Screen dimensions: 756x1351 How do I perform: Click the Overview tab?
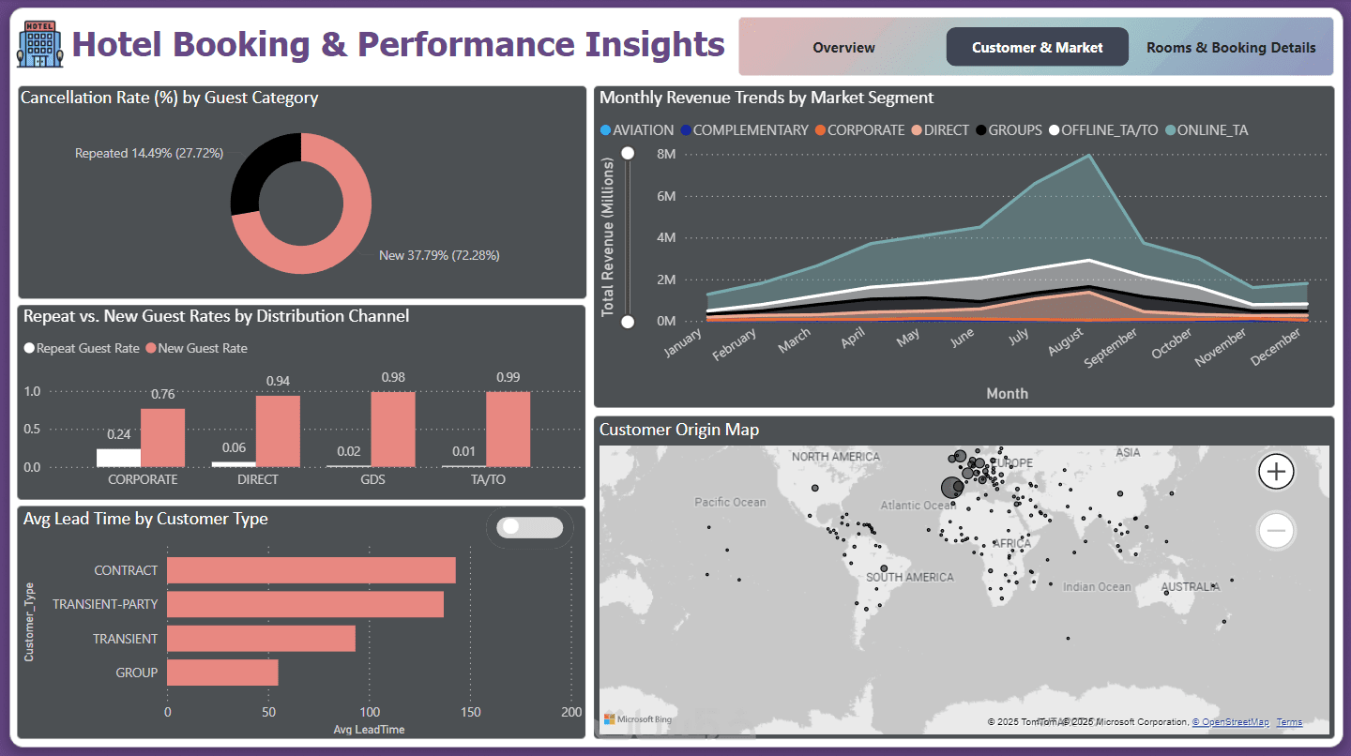point(843,48)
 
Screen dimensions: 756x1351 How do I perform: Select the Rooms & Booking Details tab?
point(1230,48)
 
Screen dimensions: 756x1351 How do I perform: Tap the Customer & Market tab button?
point(1037,48)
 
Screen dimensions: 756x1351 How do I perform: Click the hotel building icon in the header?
point(40,44)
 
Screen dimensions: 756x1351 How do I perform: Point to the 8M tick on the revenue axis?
point(666,154)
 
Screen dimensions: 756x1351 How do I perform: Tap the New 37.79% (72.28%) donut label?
point(438,255)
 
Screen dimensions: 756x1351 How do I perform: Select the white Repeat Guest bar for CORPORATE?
point(118,457)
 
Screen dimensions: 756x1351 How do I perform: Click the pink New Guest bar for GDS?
point(392,430)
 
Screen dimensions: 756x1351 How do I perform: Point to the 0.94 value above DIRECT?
point(278,380)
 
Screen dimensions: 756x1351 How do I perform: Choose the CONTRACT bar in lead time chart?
point(311,570)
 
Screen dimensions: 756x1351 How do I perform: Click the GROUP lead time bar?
point(222,673)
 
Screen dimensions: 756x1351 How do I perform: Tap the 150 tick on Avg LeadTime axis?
point(471,713)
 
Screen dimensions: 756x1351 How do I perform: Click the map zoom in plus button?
point(1275,471)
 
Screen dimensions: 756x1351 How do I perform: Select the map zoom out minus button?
point(1275,531)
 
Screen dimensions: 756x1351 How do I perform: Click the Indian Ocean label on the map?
point(1097,587)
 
